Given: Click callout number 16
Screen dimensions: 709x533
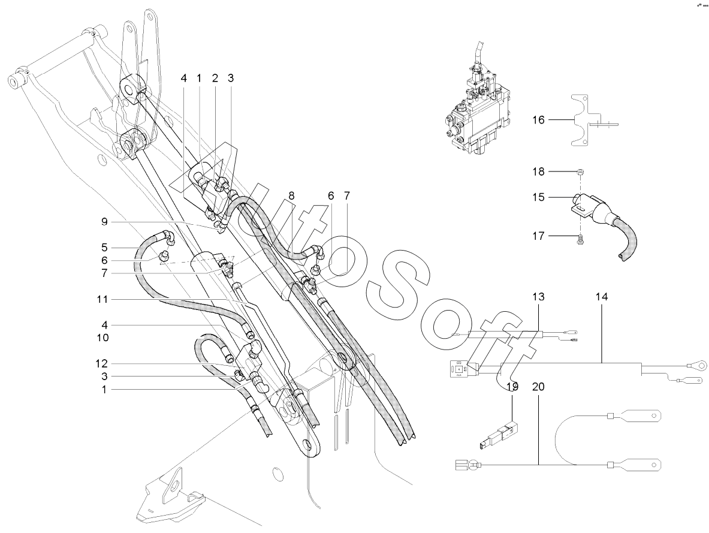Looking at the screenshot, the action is pos(538,120).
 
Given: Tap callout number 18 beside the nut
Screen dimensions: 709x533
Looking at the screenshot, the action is pos(538,171).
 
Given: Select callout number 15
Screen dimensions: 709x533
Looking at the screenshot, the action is pos(538,197).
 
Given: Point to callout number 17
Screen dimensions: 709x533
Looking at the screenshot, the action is pos(538,236).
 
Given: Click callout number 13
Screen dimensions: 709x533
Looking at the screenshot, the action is pos(538,297).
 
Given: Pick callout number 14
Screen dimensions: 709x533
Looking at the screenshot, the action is pos(601,297).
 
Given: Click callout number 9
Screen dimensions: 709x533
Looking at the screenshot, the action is pos(104,222).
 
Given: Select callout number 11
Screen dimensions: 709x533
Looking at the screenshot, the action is pos(102,299).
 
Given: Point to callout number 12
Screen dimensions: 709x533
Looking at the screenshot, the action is pos(102,363).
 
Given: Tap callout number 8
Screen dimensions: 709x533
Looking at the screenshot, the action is pos(291,196).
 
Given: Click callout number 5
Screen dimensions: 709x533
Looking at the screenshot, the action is pos(104,248).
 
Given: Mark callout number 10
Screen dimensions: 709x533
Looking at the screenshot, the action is pos(102,338).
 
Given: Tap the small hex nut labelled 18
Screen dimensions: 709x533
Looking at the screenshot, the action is pos(581,172).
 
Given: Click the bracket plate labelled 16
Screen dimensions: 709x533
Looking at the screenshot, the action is pos(581,121).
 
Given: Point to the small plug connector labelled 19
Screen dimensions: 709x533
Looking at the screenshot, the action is pos(498,435).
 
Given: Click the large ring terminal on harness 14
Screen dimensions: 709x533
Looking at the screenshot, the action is pos(695,363).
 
